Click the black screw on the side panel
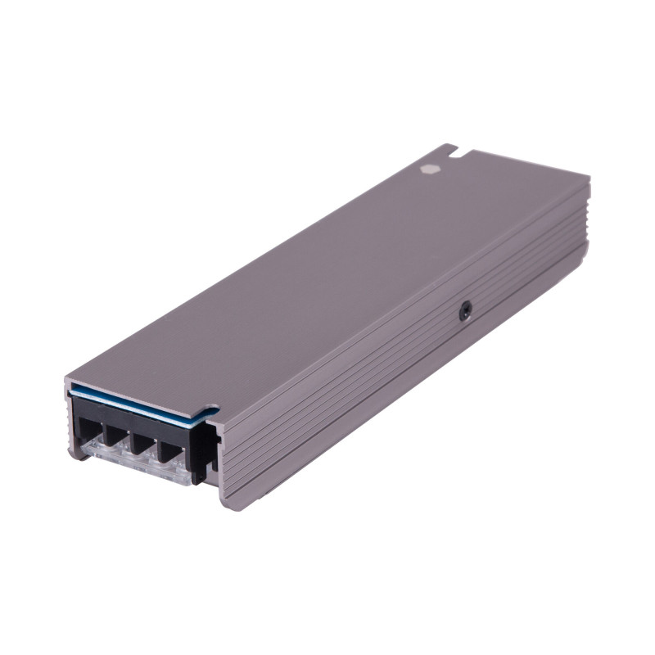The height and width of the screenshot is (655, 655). [465, 310]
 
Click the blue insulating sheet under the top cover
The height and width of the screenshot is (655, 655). [139, 403]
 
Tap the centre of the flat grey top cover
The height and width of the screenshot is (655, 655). [327, 278]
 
